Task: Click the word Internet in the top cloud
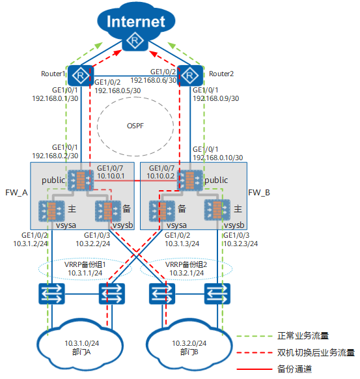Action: (136, 21)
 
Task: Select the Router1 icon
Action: (81, 76)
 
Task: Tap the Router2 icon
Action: (190, 76)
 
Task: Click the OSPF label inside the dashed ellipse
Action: (135, 126)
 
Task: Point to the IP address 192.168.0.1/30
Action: (55, 98)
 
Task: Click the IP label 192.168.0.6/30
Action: (154, 80)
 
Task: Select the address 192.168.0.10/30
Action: (218, 158)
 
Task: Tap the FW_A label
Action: (16, 193)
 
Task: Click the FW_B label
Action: (259, 193)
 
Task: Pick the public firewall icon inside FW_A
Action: (81, 180)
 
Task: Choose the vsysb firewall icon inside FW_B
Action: (217, 210)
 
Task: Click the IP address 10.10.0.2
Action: (160, 176)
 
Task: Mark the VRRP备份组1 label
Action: (85, 264)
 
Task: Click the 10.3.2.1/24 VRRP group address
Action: (186, 273)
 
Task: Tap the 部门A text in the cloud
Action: (81, 352)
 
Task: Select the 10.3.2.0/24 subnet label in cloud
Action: (189, 343)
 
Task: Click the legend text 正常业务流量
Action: (303, 336)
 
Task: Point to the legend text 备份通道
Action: (294, 369)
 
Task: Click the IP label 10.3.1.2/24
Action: (31, 244)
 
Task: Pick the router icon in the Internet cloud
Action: (135, 40)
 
